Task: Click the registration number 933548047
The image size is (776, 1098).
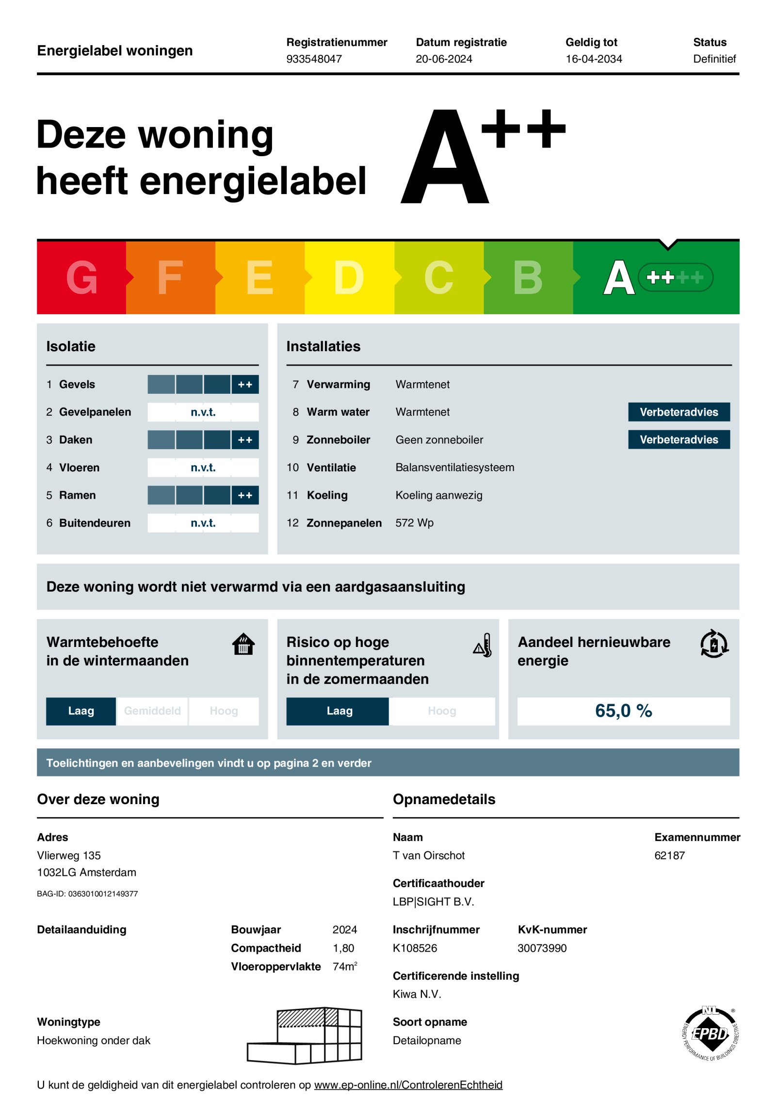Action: [314, 59]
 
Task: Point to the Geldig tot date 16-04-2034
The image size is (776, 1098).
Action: [593, 59]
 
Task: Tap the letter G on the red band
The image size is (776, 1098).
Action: [81, 277]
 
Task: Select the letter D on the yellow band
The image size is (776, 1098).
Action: [349, 277]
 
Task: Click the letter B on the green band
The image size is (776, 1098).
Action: [528, 277]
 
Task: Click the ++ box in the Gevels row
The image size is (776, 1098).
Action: [245, 384]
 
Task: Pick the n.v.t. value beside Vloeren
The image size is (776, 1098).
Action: [203, 468]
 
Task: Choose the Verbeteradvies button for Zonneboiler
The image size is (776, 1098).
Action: [679, 439]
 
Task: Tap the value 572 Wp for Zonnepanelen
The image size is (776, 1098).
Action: [414, 523]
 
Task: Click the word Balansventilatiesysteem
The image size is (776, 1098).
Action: [454, 468]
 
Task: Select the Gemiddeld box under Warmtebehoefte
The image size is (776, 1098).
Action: [152, 711]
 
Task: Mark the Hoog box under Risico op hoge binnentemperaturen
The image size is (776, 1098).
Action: [441, 711]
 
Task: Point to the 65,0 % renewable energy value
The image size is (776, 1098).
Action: [623, 711]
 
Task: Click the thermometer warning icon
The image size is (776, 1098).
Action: [483, 645]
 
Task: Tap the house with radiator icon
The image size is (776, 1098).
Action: [243, 644]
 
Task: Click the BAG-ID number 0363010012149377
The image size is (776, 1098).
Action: [103, 894]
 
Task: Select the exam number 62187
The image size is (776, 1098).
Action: [669, 856]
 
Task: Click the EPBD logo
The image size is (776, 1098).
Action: [711, 1034]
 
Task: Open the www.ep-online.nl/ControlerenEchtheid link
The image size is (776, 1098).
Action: [408, 1085]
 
